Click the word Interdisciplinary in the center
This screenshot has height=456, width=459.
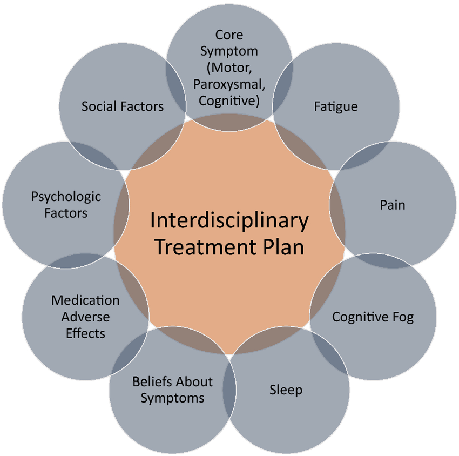pyautogui.click(x=230, y=221)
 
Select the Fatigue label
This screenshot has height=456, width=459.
pyautogui.click(x=335, y=106)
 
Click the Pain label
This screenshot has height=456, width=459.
pyautogui.click(x=392, y=205)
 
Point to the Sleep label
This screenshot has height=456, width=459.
pyautogui.click(x=286, y=389)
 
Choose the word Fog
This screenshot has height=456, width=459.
pyautogui.click(x=402, y=317)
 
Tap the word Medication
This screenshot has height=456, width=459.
pyautogui.click(x=85, y=300)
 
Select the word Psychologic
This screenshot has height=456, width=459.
pyautogui.click(x=66, y=197)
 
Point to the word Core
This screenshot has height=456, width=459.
pyautogui.click(x=229, y=35)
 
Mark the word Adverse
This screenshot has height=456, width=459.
pyautogui.click(x=85, y=317)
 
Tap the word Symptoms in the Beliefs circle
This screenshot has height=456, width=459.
pyautogui.click(x=172, y=399)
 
